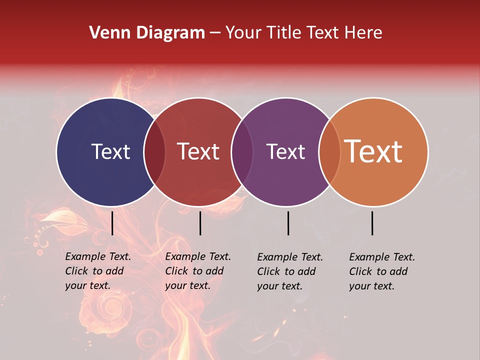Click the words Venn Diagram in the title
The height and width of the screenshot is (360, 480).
coord(147,33)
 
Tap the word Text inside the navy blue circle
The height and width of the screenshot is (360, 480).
coord(110,151)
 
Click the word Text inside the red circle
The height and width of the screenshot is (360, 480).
coord(198,151)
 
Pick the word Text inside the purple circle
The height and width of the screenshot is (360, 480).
coord(285,151)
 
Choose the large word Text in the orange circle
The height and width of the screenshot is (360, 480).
coord(373,151)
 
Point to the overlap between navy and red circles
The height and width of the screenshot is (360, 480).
coord(154,152)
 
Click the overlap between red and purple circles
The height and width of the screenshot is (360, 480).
coord(242,152)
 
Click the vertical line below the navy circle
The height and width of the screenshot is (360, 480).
coord(112,223)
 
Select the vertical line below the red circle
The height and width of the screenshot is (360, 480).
coord(200,223)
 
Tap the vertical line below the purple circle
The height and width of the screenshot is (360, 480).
coord(288,223)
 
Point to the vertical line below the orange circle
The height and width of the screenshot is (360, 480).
coord(372,223)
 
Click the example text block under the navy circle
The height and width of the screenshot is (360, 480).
coord(97,271)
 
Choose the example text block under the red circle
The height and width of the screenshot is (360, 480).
coord(197,271)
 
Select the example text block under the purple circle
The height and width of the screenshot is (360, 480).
coord(289,271)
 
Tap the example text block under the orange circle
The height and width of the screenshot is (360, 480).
coord(381,271)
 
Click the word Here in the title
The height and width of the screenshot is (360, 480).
coord(364,33)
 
